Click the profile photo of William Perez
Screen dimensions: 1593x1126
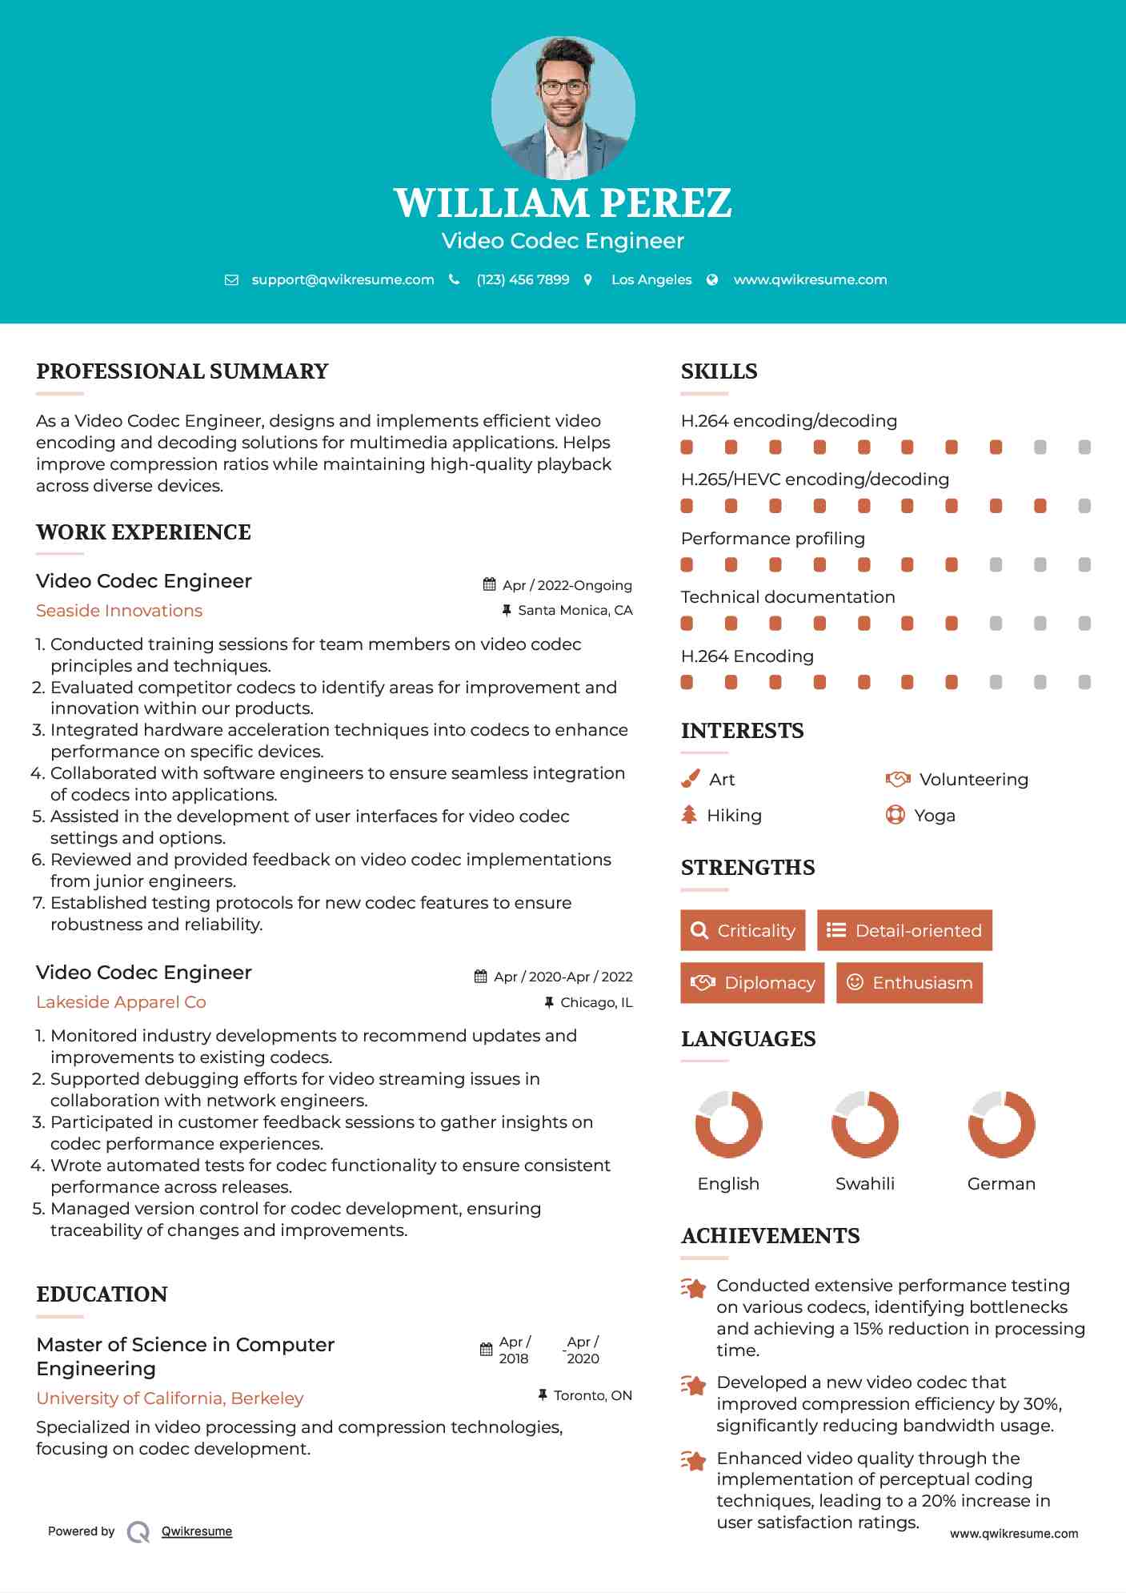563,108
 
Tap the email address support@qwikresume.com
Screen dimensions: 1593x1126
343,279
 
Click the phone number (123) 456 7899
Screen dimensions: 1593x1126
523,279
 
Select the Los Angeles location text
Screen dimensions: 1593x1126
651,279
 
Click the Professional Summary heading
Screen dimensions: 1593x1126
182,371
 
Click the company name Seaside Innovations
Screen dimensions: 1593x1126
119,611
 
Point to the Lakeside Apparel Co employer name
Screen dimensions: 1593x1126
121,1002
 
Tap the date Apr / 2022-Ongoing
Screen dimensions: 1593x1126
567,585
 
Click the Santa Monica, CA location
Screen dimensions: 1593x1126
575,610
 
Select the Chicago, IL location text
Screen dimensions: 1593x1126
595,1002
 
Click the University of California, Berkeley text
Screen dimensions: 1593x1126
170,1398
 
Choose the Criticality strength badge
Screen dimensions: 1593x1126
743,930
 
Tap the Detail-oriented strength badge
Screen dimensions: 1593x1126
904,930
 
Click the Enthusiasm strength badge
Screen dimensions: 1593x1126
909,982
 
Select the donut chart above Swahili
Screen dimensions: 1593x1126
865,1124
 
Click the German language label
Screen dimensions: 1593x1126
1001,1183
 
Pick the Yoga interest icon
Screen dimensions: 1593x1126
895,815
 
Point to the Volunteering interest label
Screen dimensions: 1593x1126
973,779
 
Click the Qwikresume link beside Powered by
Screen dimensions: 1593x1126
197,1531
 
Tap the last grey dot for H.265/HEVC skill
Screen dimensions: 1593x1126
1084,506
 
